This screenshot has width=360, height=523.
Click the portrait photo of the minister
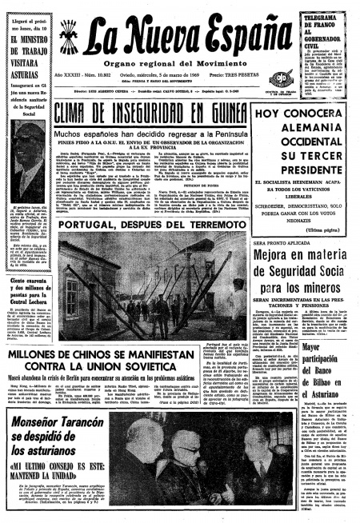27,159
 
